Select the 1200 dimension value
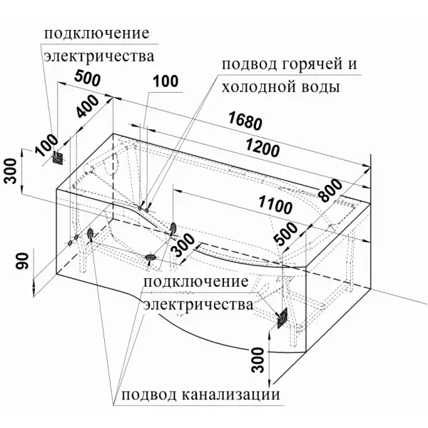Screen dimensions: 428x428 [x=262, y=148]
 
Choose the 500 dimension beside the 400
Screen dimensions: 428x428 [x=86, y=81]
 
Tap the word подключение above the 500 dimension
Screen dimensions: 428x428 [x=97, y=34]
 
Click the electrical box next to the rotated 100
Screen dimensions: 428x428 [x=61, y=158]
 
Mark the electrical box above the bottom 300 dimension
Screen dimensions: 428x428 [x=283, y=317]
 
